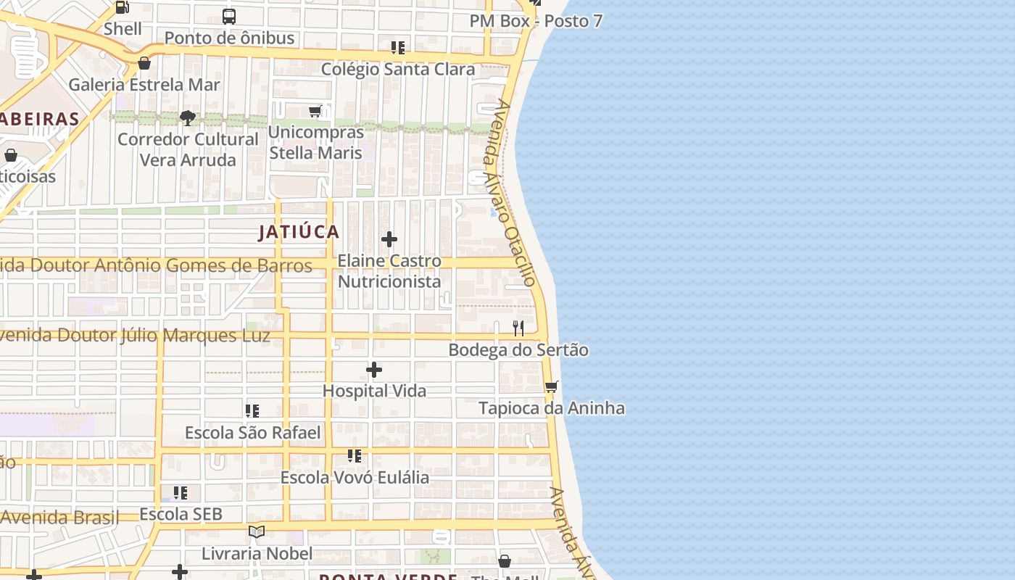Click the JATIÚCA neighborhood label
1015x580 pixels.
(x=299, y=232)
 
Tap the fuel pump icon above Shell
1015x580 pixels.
(x=123, y=7)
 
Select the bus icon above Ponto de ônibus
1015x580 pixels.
(x=229, y=16)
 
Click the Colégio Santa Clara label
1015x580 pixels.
(x=398, y=70)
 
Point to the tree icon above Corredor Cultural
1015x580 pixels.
(x=188, y=117)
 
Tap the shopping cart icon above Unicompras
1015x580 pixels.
(x=315, y=111)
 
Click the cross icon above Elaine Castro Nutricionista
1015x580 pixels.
(x=389, y=239)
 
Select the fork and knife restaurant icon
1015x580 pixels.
(x=518, y=328)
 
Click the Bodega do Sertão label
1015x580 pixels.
(x=518, y=350)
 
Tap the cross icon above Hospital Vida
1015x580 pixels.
(x=374, y=370)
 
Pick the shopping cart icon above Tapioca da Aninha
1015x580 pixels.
(x=552, y=386)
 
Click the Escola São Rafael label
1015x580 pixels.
(x=252, y=433)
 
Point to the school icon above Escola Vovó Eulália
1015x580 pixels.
(x=355, y=456)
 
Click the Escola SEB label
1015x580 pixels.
(x=181, y=514)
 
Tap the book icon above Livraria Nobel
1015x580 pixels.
(x=257, y=531)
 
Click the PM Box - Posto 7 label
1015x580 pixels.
(x=536, y=21)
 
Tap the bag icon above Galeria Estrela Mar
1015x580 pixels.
(x=144, y=63)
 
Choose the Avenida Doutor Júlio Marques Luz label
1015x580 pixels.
(x=135, y=336)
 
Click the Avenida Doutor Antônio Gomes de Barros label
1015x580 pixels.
(x=156, y=266)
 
